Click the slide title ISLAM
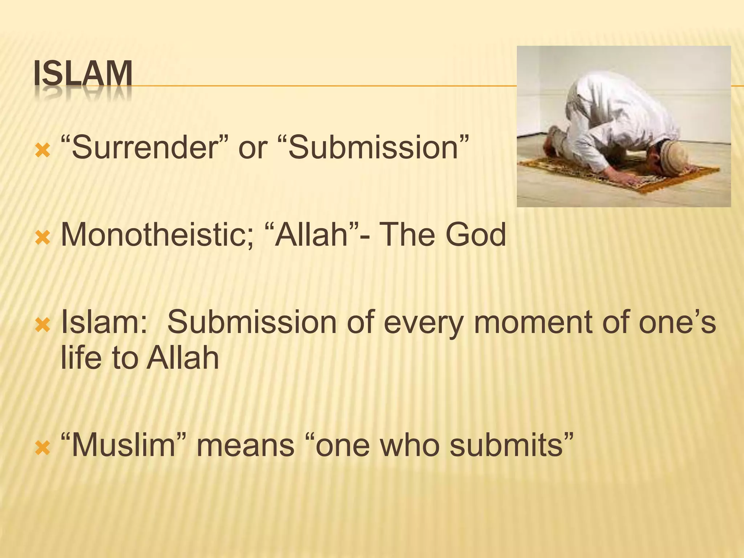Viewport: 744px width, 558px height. pos(83,75)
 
